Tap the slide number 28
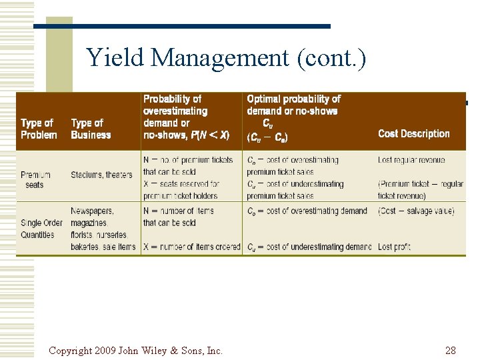(x=450, y=350)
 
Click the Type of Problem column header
(x=39, y=129)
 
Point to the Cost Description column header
(x=413, y=134)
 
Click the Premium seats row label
(x=35, y=179)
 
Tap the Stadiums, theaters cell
(x=101, y=175)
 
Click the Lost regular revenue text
(x=411, y=160)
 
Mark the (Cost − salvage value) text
(x=416, y=211)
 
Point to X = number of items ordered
(x=191, y=247)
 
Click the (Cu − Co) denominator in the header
(x=267, y=138)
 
